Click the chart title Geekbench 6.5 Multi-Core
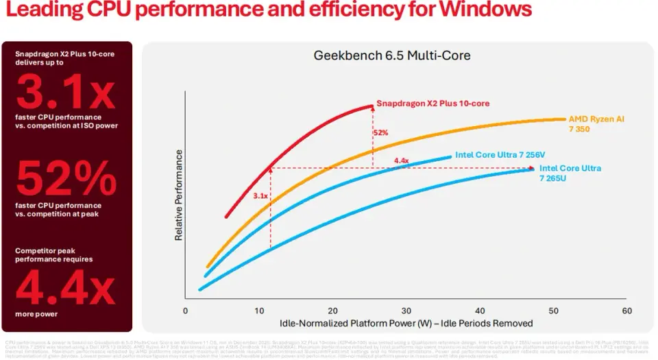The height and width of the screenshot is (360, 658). [392, 56]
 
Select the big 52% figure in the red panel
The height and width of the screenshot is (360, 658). [67, 180]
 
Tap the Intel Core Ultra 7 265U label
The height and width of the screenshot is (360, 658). [570, 173]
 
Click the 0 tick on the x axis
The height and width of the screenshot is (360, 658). [185, 311]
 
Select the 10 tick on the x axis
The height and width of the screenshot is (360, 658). [258, 311]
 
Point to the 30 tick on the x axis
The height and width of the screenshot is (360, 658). [406, 311]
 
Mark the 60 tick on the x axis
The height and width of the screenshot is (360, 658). [626, 311]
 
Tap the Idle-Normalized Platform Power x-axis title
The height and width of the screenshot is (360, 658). [406, 322]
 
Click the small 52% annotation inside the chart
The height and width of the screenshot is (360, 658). [380, 132]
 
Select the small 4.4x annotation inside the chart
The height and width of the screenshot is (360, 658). [401, 162]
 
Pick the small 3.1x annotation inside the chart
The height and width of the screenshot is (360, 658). [260, 196]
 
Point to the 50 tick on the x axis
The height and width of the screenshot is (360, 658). [553, 311]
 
